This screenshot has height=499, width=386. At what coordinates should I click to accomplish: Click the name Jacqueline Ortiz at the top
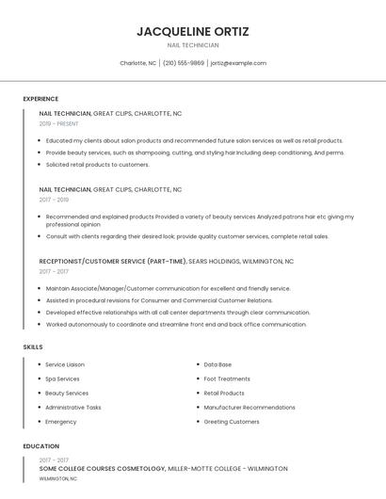(x=193, y=31)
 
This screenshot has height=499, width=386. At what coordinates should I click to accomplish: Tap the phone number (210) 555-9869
(x=184, y=63)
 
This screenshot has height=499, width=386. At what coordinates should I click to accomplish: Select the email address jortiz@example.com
(x=238, y=63)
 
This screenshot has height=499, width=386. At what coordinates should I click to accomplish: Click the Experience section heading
(x=40, y=99)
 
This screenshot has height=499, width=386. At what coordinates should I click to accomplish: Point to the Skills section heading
(x=33, y=347)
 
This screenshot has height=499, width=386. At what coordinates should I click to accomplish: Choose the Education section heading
(x=41, y=446)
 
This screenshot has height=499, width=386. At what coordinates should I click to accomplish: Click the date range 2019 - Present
(x=58, y=123)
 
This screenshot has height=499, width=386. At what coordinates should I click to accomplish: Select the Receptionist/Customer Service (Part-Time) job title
(x=113, y=262)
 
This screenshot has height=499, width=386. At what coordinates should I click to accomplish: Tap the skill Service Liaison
(x=65, y=364)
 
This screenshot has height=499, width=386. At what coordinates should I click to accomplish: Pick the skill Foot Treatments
(x=227, y=378)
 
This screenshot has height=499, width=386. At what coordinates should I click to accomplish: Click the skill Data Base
(x=217, y=364)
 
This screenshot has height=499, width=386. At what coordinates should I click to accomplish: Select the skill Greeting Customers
(x=232, y=422)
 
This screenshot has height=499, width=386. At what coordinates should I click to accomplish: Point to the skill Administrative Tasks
(x=73, y=408)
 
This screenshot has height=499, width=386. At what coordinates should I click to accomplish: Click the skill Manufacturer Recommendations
(x=249, y=408)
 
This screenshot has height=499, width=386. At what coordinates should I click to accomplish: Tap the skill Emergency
(x=61, y=422)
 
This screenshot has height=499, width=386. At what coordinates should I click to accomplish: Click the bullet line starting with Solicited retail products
(x=97, y=165)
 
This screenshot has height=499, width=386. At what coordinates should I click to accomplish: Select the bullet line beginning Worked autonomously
(x=176, y=325)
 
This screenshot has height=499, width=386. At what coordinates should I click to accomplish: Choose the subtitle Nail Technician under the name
(x=193, y=45)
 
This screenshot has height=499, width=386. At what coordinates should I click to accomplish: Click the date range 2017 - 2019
(x=54, y=200)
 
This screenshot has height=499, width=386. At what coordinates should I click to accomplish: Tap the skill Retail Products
(x=224, y=394)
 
